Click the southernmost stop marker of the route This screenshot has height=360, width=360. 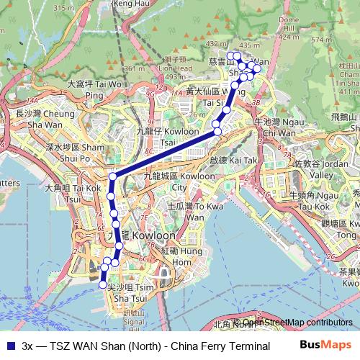coord(102,285)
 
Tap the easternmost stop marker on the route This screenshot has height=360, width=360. coord(258,69)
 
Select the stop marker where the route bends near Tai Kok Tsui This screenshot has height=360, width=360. coord(113,177)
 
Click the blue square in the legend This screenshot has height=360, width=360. coord(9,346)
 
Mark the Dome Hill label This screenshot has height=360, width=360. coord(288,24)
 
